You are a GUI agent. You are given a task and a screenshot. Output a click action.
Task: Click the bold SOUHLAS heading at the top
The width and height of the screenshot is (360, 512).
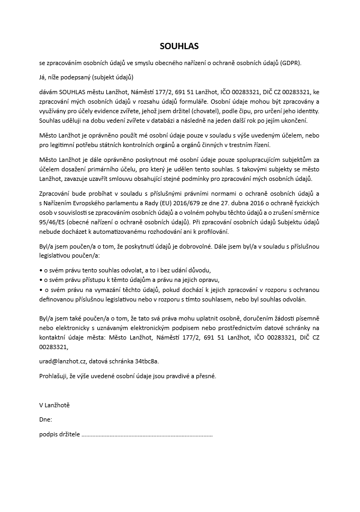coord(179,46)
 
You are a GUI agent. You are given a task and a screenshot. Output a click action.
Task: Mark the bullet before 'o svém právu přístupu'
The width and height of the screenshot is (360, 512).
coord(41,280)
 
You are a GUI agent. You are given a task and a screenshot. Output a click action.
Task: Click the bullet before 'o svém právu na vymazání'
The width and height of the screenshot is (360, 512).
coord(41,289)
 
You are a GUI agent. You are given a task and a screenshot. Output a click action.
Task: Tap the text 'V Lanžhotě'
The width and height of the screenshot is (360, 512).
coord(55,405)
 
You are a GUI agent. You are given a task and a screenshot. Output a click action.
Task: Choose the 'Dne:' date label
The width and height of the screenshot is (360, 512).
coord(46,419)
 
